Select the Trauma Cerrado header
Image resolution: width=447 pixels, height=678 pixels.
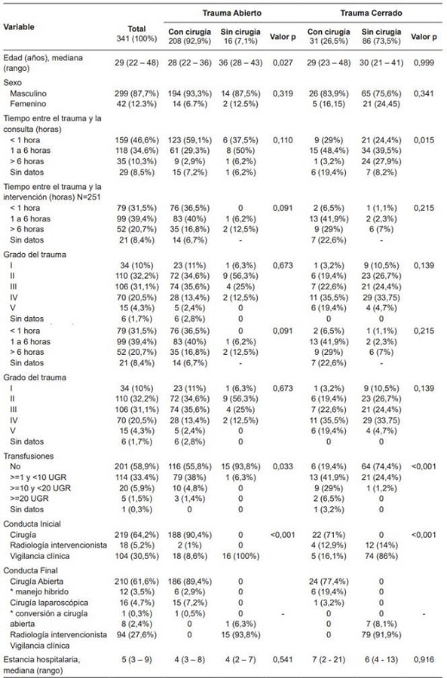click(372, 13)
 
